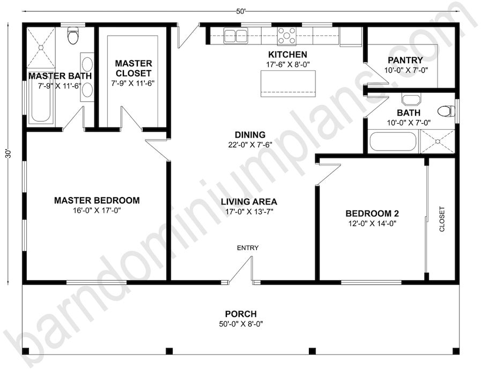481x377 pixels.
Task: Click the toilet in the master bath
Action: [73, 35]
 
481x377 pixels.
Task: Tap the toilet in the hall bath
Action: [446, 111]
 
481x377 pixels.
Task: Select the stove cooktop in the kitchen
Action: [287, 36]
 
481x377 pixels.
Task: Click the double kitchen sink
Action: [235, 34]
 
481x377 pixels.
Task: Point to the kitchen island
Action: [288, 84]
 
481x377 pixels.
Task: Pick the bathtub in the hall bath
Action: [393, 142]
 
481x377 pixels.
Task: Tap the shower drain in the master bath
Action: [41, 48]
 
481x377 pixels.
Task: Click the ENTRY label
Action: [248, 248]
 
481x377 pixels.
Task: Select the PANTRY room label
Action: [405, 60]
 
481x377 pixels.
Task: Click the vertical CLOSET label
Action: [442, 219]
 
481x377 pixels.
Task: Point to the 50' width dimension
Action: [241, 11]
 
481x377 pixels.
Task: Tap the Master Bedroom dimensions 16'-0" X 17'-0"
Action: [97, 210]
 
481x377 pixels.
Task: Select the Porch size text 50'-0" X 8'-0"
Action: [241, 323]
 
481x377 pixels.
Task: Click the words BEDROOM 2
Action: [372, 213]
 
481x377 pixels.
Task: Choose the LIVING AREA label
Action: [249, 201]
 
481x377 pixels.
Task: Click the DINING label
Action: [250, 135]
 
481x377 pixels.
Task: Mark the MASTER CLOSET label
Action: [134, 69]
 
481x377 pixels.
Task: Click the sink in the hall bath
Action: [411, 100]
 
